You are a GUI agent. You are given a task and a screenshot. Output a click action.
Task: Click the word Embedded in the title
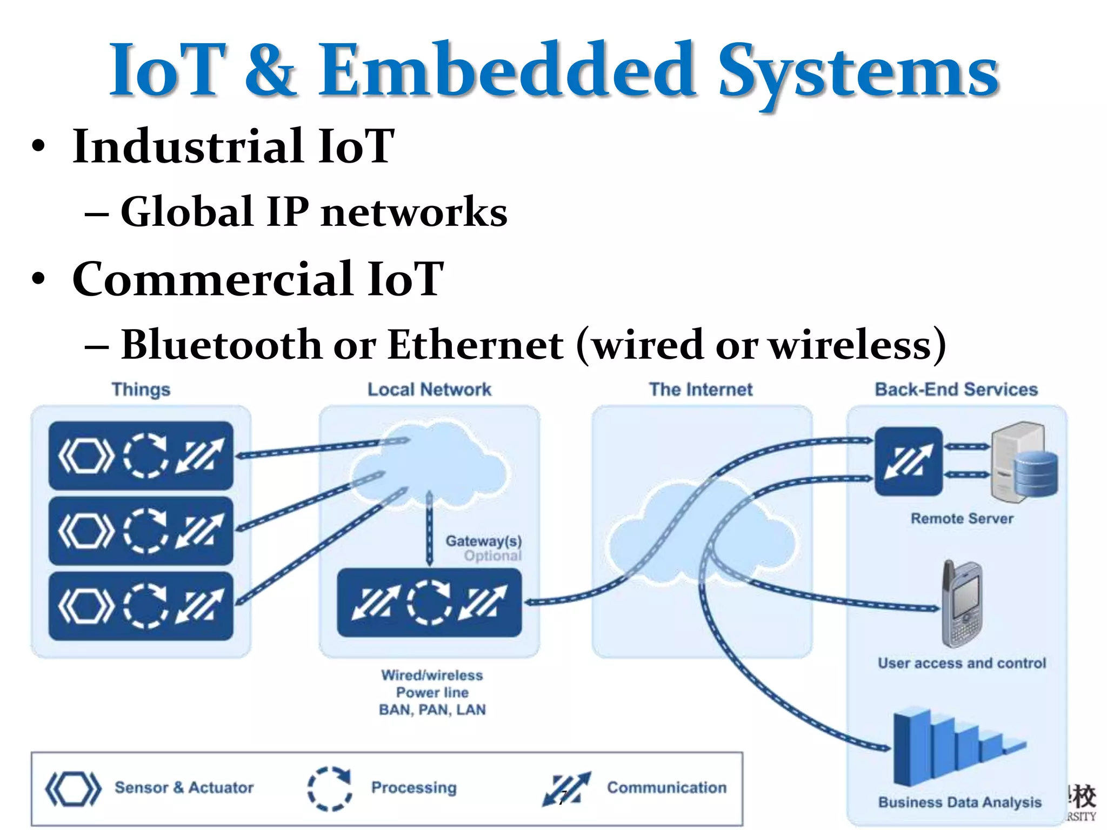(505, 70)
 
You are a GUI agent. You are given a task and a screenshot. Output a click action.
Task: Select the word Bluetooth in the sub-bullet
(221, 345)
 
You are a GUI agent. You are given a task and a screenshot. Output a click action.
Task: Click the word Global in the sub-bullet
(186, 211)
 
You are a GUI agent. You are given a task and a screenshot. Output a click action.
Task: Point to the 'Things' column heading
(141, 390)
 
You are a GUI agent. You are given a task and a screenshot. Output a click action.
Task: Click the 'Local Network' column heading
(429, 390)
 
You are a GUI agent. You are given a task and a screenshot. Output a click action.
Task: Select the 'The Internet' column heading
(701, 390)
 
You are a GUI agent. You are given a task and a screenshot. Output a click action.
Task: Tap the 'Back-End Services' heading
(956, 390)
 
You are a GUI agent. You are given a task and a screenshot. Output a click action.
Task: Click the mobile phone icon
(962, 604)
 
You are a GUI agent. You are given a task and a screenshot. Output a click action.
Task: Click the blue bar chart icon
(951, 748)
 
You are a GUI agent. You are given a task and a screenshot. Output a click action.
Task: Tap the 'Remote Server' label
(962, 519)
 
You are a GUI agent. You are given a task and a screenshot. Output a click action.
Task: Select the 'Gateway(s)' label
(483, 541)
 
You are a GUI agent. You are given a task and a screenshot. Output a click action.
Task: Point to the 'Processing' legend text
(414, 788)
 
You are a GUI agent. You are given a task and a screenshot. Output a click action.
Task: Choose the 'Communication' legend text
(666, 788)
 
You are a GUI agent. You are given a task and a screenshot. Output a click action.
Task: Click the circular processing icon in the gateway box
(429, 603)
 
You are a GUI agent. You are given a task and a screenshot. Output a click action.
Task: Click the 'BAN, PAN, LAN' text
(432, 710)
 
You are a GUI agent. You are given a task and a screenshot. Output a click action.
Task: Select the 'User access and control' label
(962, 664)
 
